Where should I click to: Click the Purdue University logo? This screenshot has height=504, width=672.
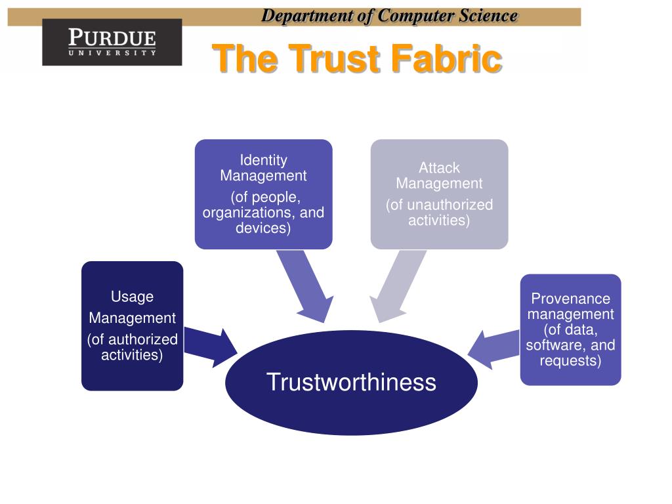point(112,42)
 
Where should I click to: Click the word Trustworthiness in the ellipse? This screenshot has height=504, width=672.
point(351,382)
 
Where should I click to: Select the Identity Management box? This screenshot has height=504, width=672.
point(263,194)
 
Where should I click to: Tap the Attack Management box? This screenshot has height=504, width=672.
point(439,194)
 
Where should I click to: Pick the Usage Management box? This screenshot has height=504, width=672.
point(132,326)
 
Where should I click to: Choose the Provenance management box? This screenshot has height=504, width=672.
point(570,329)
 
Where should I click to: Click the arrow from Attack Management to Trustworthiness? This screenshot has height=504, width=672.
point(394,287)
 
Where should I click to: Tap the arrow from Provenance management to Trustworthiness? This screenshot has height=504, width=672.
point(493,346)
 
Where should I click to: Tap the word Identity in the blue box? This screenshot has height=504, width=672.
point(263,160)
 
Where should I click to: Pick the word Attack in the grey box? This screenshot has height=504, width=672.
point(439,168)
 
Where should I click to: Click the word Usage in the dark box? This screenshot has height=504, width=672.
point(132,297)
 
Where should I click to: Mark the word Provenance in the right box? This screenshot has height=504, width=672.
point(570,299)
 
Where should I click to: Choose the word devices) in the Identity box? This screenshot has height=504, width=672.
point(263,228)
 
